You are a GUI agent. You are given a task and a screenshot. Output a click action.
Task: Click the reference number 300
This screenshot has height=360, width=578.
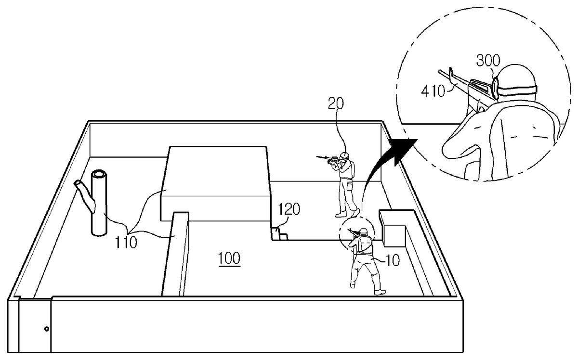point(488,61)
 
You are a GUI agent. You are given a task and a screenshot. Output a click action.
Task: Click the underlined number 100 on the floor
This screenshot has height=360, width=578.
point(229,258)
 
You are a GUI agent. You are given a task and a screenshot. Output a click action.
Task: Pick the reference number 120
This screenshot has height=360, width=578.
point(289,210)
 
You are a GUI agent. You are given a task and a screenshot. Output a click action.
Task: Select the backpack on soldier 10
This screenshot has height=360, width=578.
point(364,246)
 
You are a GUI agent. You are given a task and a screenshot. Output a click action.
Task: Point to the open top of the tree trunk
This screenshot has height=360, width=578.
point(99,174)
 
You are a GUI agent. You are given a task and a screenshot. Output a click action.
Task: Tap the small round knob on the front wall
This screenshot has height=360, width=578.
point(46,329)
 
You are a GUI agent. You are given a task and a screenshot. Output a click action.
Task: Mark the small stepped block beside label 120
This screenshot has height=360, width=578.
point(280,234)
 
